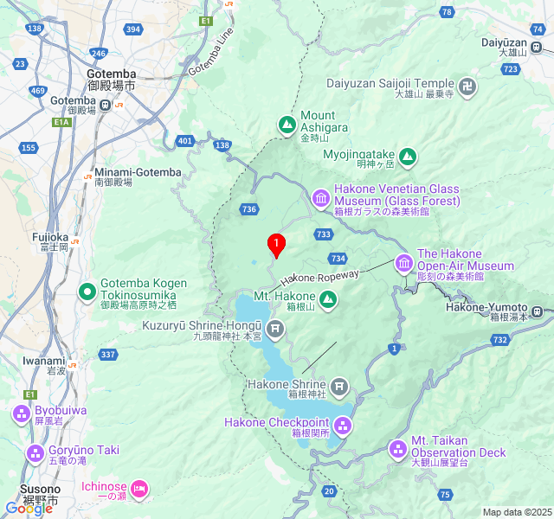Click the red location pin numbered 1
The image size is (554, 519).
[276, 245]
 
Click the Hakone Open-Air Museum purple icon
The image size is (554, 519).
[404, 262]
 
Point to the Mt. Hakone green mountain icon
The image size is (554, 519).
[328, 300]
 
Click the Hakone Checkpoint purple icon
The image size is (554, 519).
[343, 426]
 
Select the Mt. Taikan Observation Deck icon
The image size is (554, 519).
[397, 448]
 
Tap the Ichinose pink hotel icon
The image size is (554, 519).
[138, 490]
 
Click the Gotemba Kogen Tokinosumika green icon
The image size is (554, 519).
[87, 293]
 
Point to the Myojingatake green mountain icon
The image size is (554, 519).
[407, 158]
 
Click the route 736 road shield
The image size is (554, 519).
[249, 208]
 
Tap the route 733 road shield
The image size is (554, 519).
[324, 234]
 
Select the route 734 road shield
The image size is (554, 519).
[338, 258]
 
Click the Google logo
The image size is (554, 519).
[29, 509]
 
